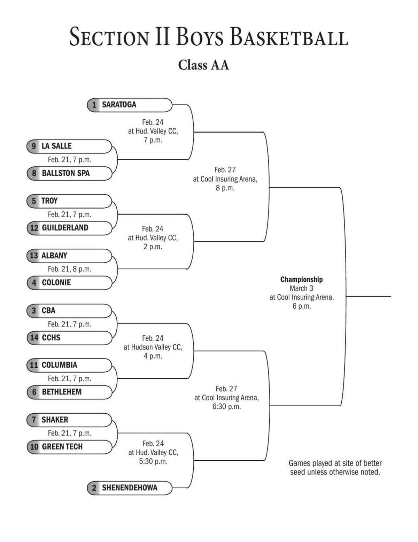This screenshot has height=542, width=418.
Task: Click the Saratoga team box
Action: click(129, 105)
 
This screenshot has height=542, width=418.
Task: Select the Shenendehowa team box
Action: click(129, 488)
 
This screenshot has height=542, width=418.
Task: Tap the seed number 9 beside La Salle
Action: click(34, 146)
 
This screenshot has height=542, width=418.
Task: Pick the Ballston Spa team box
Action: click(69, 173)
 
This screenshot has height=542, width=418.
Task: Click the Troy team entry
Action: click(69, 201)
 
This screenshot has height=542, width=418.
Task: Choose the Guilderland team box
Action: click(69, 228)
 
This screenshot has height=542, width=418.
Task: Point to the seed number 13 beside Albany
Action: click(34, 256)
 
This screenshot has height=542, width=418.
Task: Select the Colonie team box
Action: click(69, 283)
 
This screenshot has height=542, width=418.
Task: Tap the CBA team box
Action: click(69, 310)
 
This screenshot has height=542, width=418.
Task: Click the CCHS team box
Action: click(69, 338)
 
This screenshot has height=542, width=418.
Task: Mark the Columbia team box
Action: click(69, 365)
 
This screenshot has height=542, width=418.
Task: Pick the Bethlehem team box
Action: click(69, 392)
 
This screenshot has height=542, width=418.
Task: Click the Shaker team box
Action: click(69, 420)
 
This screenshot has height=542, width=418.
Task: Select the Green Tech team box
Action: click(69, 447)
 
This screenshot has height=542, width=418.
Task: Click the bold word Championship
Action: click(301, 279)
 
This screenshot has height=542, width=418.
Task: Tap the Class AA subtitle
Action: click(203, 65)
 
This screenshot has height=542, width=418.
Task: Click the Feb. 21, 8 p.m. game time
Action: click(69, 269)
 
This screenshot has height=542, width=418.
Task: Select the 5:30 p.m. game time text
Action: click(153, 461)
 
